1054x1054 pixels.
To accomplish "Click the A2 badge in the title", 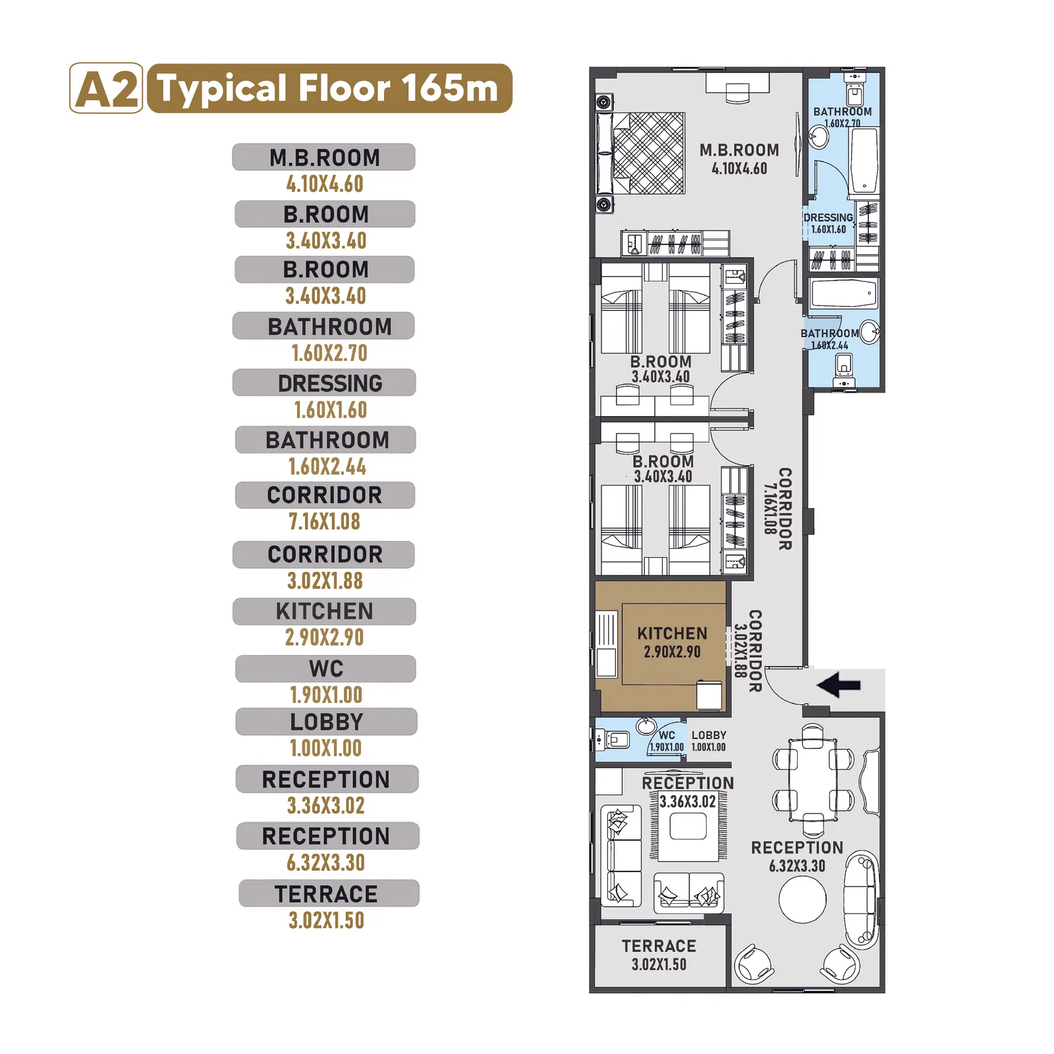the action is coord(106,88).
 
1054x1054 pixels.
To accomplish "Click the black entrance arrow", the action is coord(839,685).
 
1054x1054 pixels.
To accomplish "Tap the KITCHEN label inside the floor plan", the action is coord(672,633).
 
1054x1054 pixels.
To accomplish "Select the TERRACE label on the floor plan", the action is coord(659,946).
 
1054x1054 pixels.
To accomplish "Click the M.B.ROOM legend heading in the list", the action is coord(325,157).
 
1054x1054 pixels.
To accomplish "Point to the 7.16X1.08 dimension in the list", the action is coord(325,522).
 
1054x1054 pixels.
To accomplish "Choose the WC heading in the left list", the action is coord(326,669).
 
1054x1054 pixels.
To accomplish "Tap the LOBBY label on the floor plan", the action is coord(709,735).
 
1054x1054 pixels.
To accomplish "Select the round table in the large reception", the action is coord(802,899).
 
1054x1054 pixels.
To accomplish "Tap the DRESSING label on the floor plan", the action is coord(828,217).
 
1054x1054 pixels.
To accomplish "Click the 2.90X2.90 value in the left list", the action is coord(324,638).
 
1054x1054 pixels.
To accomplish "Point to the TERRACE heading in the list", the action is coord(326,894).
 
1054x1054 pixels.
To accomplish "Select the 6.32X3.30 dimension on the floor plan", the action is coord(797,866).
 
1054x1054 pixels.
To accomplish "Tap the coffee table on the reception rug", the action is coord(688,826).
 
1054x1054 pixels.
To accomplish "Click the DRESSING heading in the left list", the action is coord(330,383).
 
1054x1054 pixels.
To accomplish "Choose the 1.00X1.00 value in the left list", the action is coord(326,748).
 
